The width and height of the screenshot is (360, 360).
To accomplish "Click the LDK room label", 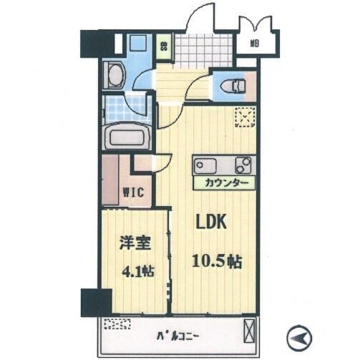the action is click(x=211, y=222).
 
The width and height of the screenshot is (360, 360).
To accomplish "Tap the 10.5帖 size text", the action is click(x=217, y=261).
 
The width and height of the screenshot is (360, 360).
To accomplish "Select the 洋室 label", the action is click(x=135, y=243).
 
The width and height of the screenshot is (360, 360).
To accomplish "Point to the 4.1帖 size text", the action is click(x=138, y=271).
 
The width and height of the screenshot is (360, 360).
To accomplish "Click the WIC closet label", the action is click(x=134, y=192).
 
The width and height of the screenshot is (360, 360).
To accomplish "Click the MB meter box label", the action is click(x=255, y=44).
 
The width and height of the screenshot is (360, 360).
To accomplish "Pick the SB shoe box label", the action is click(x=163, y=47).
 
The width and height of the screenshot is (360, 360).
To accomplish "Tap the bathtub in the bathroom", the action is click(x=127, y=137).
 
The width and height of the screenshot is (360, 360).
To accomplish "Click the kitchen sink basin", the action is click(x=205, y=166).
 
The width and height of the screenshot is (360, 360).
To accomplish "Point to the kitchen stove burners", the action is click(x=243, y=165).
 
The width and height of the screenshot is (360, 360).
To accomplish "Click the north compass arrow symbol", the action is click(x=300, y=338).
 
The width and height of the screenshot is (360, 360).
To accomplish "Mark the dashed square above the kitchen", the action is click(x=245, y=117).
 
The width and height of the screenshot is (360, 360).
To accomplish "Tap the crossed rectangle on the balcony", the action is click(x=249, y=331).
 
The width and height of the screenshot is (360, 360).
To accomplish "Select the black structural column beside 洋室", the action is click(x=96, y=303).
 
